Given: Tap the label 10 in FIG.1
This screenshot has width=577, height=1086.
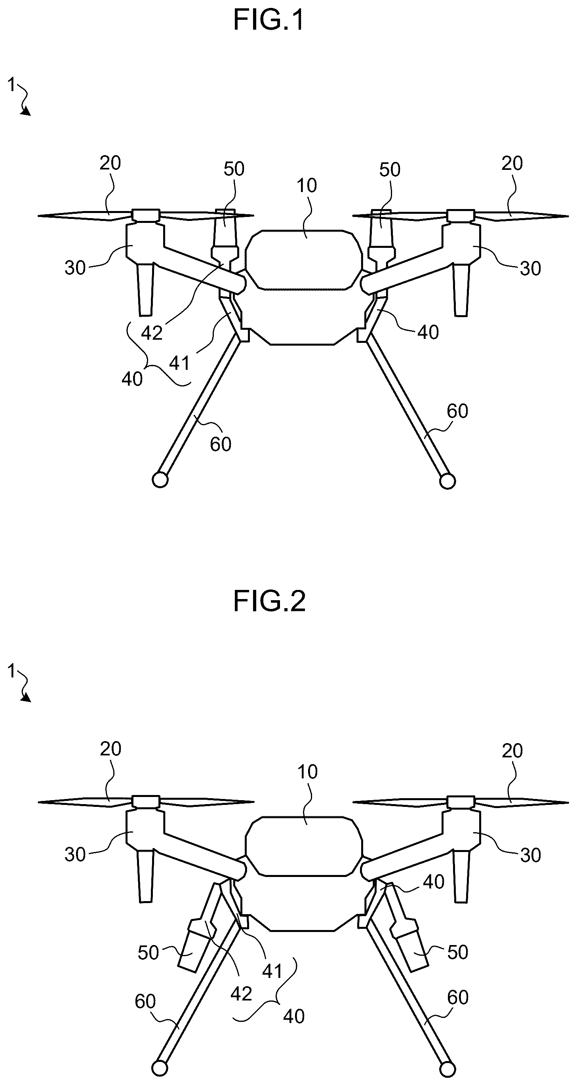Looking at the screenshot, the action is point(307,186).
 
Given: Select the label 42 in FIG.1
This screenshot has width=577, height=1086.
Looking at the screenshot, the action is point(152,333).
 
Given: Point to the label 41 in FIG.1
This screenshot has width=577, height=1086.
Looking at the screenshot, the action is point(180,363).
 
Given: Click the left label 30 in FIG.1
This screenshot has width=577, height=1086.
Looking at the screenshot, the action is point(75,268).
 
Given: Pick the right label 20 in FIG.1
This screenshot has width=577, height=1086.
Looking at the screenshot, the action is point(512,164).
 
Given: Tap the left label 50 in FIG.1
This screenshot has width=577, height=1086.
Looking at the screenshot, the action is point(234,169).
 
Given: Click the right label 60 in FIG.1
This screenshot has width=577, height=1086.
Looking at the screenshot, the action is point(457,411).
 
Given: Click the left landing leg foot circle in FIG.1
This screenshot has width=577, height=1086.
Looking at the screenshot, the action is point(160,480).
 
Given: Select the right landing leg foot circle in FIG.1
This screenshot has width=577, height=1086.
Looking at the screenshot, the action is point(448,481).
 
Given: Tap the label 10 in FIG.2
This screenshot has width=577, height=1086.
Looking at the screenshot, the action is point(307,772).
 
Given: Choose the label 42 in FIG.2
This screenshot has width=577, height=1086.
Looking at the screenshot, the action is point(241,994).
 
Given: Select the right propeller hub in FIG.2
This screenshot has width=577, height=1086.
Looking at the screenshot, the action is point(461,802).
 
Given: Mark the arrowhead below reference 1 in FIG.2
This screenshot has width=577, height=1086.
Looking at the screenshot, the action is point(27,698).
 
